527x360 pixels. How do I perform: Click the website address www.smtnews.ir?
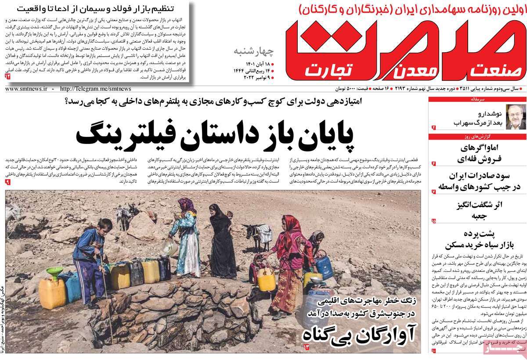[26, 88]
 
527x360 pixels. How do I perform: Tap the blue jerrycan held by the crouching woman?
[323, 264]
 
